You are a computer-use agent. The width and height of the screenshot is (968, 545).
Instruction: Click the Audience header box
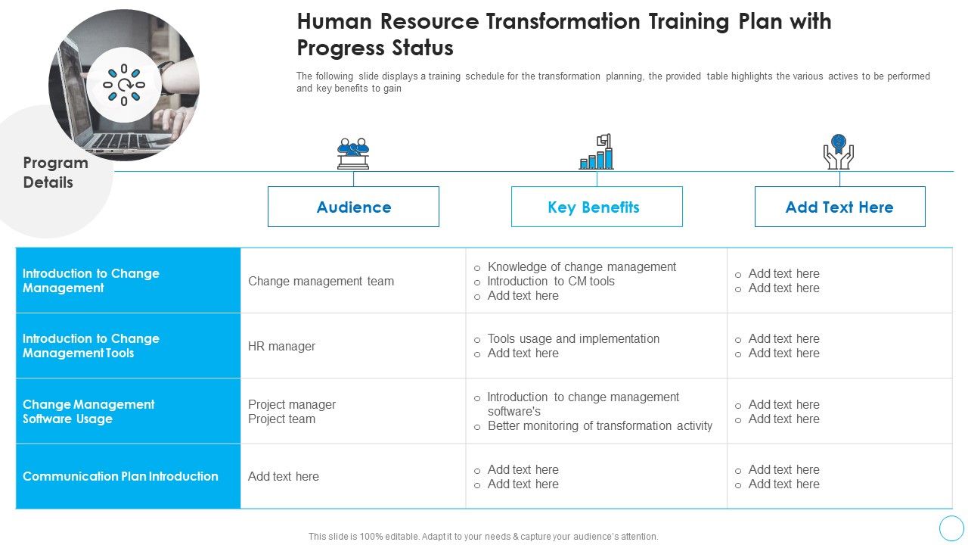pos(353,207)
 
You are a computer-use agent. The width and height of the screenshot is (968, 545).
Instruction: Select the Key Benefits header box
pos(596,207)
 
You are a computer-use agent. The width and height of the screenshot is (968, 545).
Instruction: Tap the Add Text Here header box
pos(839,207)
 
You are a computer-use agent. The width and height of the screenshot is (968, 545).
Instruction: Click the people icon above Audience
pos(353,153)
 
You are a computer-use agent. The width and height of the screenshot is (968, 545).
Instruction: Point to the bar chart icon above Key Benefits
pos(597,152)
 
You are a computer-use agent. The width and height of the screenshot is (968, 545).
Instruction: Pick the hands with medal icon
pos(838,151)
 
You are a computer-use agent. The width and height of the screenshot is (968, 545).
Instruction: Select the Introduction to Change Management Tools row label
pos(91,346)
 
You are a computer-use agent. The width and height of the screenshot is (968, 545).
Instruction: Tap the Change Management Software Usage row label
pos(88,411)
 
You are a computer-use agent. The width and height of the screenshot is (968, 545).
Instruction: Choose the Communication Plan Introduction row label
pos(120,476)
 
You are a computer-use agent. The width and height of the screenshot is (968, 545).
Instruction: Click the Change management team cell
pos(321,281)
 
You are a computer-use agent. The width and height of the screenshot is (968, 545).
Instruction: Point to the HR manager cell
pos(281,346)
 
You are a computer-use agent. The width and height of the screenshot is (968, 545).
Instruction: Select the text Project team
pos(281,419)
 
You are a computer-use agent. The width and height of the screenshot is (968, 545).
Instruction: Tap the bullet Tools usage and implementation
pos(573,338)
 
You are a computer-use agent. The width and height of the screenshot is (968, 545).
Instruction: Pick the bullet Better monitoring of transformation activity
pos(600,425)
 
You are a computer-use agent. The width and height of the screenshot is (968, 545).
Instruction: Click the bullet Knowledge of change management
pos(582,266)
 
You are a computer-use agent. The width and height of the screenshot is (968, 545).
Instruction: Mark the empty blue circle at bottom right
pos(951,528)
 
